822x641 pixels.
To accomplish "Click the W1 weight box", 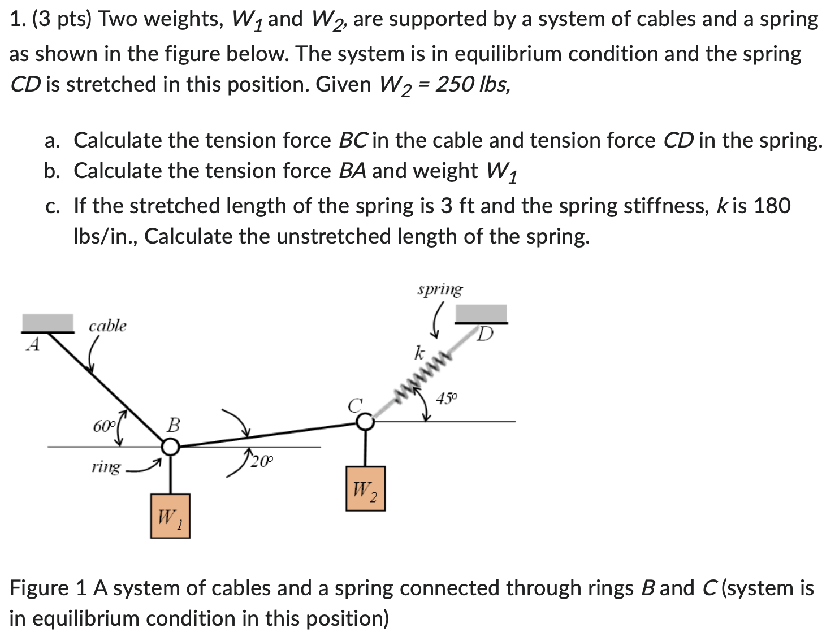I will [170, 516].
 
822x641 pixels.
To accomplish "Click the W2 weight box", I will [365, 488].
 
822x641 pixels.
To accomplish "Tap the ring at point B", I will [170, 448].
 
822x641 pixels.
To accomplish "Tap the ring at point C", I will [365, 422].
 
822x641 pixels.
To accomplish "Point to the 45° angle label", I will [447, 399].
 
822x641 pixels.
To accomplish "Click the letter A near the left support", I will [34, 345].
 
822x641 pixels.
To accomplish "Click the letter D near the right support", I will [484, 335].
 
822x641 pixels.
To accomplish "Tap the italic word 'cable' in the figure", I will [107, 326].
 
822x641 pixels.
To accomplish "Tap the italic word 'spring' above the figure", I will [440, 289].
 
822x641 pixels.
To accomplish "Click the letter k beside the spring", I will [419, 353].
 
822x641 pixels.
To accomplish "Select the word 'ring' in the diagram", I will [106, 467].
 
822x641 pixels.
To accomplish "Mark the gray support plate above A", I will [47, 323].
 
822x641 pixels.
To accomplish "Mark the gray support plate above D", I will [481, 313].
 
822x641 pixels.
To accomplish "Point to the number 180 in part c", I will [772, 206].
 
